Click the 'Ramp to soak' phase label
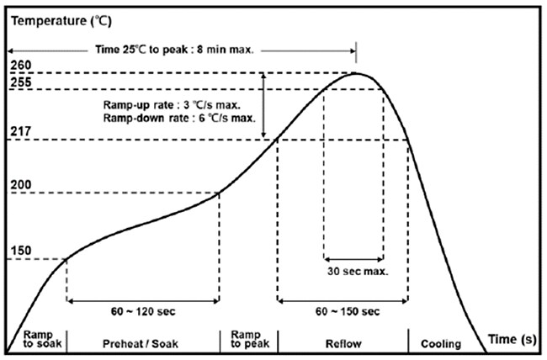tap(36, 338)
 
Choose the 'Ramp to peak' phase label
tap(247, 338)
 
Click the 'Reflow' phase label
tap(343, 342)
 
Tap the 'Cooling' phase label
tap(441, 342)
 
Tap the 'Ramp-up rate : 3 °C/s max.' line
tap(171, 106)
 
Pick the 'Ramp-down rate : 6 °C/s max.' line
tap(178, 119)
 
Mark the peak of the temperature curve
tap(356, 73)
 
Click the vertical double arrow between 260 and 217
tap(264, 106)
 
